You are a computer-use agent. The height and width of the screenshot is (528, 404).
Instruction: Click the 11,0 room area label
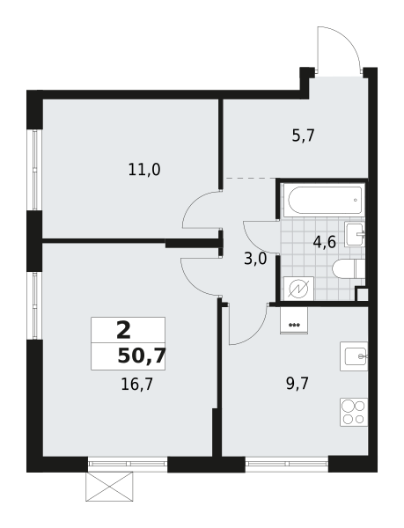(x=144, y=169)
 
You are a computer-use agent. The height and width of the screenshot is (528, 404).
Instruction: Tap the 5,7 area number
(x=303, y=136)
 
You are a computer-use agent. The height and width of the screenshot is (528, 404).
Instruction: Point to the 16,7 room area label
(x=137, y=385)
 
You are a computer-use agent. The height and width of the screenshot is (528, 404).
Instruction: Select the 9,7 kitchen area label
(x=297, y=384)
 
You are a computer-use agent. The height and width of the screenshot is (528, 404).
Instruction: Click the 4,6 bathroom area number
(x=325, y=242)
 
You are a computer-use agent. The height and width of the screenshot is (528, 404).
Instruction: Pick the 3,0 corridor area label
(x=255, y=260)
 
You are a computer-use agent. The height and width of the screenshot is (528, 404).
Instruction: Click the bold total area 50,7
(x=142, y=356)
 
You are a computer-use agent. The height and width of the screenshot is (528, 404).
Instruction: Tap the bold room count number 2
(x=123, y=330)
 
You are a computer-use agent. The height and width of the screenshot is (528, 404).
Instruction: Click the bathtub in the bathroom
(x=324, y=200)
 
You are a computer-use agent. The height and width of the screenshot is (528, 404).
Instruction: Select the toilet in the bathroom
(x=349, y=269)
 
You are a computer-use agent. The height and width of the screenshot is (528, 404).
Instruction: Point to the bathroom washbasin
(x=355, y=234)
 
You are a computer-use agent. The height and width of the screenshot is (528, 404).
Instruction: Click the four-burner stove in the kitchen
(x=354, y=412)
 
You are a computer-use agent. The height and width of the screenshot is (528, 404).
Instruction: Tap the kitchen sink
(x=354, y=356)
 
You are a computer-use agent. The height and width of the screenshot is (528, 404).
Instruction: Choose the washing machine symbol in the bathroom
(x=299, y=289)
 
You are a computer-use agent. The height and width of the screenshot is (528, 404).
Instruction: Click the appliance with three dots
(x=294, y=320)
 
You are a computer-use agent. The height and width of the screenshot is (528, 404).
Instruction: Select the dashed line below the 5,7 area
(x=251, y=178)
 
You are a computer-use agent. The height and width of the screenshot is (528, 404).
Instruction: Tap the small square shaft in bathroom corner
(x=362, y=294)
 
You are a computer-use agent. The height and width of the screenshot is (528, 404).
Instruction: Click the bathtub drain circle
(x=356, y=200)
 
